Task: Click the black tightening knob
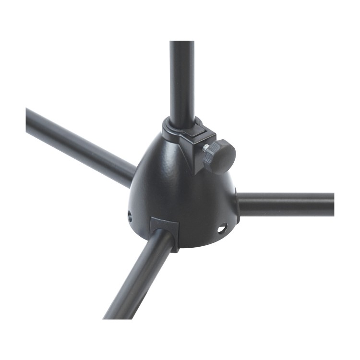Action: click(x=220, y=156)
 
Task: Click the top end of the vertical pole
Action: click(x=182, y=45)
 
